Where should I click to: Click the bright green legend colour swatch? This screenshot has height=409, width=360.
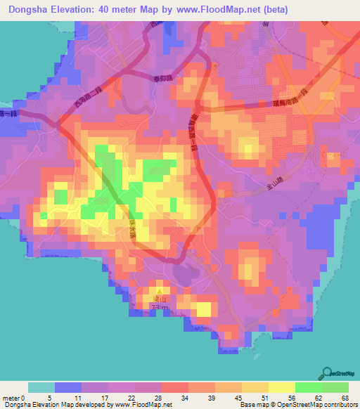coord(308,387)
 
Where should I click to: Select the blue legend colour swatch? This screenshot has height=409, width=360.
coord(68,387)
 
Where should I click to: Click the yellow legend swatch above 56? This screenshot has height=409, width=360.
coord(281,387)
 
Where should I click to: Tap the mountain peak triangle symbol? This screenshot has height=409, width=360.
coord(160,291)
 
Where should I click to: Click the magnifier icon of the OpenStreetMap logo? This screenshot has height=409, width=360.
coord(328,373)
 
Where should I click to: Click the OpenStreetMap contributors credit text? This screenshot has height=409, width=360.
coord(317,405)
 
